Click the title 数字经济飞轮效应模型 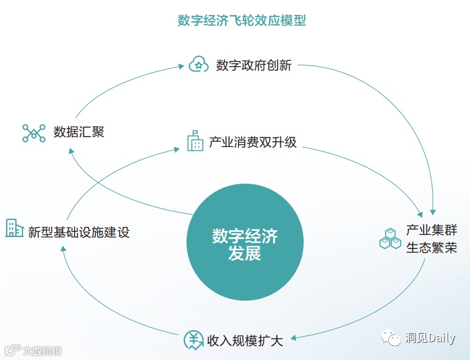click(241, 21)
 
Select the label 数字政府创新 click(254, 65)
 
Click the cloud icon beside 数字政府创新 click(198, 64)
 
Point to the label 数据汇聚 click(79, 132)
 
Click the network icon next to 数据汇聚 click(33, 133)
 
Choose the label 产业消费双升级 click(253, 142)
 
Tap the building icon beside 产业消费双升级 click(195, 140)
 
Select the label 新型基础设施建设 click(79, 232)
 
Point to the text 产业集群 click(432, 231)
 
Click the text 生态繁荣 click(432, 248)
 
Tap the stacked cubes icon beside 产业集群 click(390, 239)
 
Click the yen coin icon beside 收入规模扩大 click(194, 340)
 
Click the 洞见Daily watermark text click(429, 338)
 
